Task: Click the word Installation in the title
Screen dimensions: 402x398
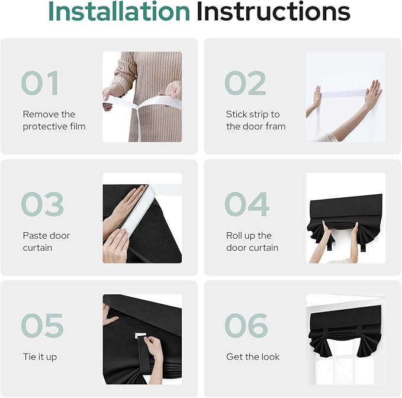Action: (x=119, y=11)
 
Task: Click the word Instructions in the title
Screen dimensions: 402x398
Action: (x=274, y=11)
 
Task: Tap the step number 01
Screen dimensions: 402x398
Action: (x=40, y=83)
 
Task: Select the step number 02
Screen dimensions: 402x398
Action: (x=245, y=83)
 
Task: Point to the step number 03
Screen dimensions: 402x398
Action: (x=42, y=204)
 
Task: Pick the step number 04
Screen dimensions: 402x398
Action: (x=247, y=204)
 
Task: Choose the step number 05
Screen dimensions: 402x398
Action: (x=42, y=325)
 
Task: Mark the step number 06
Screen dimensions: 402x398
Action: (x=246, y=325)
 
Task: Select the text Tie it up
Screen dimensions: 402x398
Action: (x=40, y=357)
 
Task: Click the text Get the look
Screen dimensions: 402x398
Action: (x=253, y=357)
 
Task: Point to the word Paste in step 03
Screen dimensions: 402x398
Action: (x=33, y=235)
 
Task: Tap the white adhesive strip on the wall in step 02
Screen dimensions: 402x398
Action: (x=344, y=94)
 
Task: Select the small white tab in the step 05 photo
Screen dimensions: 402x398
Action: (x=140, y=335)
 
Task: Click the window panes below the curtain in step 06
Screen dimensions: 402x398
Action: (x=346, y=370)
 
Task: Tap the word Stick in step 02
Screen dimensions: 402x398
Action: (x=234, y=114)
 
